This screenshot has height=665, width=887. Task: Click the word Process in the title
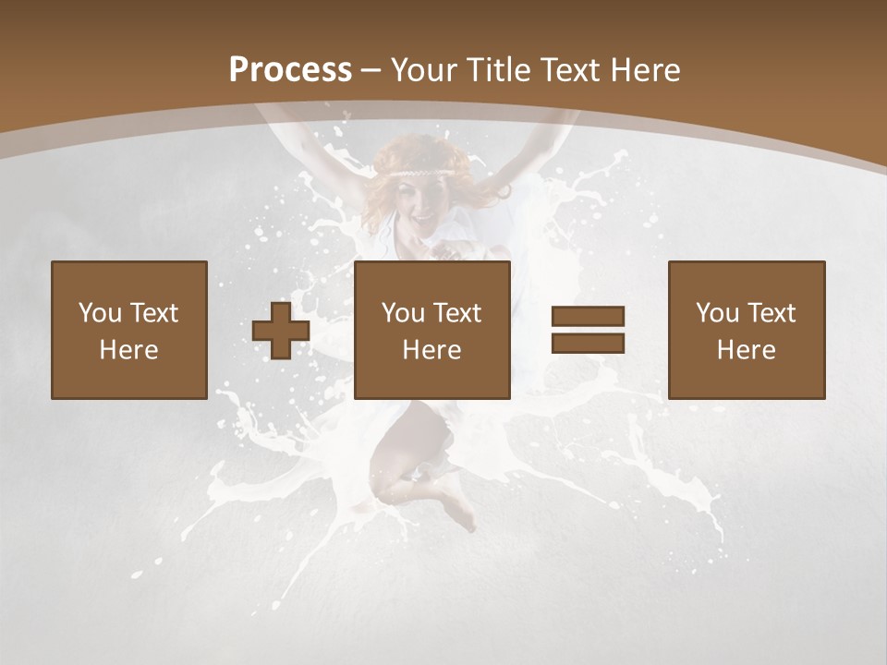click(x=290, y=70)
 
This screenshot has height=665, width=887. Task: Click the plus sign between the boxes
click(x=281, y=331)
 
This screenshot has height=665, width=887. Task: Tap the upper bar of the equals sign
click(x=588, y=317)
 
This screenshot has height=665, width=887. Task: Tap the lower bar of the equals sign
click(x=588, y=343)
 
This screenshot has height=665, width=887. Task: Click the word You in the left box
click(x=100, y=313)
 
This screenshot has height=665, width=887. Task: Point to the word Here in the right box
click(x=746, y=350)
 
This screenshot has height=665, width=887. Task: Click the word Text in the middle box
click(x=456, y=313)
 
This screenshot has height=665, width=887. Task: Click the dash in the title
click(x=371, y=70)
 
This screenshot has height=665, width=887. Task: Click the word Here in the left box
click(x=128, y=350)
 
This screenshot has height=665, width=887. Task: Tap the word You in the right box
click(x=717, y=313)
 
